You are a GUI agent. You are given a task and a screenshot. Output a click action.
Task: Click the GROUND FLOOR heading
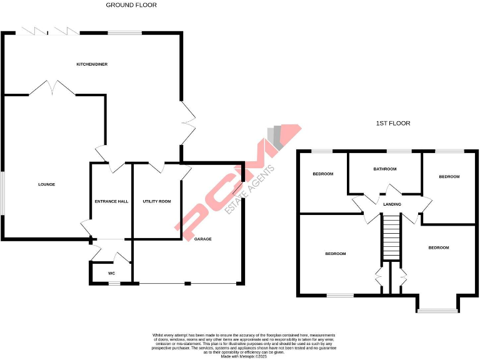131,5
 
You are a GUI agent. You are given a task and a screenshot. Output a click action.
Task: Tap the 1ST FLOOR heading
393,124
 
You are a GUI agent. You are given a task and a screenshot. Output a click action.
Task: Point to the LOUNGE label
46,184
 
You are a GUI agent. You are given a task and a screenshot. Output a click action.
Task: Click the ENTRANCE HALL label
111,201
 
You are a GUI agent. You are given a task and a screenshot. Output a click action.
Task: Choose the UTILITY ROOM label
157,201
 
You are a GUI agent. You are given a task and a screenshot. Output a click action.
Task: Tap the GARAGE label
203,239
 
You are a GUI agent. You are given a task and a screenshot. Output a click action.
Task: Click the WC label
111,273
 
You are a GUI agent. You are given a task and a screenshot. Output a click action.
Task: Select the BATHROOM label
385,169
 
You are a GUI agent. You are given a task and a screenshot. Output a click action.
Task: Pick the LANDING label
392,204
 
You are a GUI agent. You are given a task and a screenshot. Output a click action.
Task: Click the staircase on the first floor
390,237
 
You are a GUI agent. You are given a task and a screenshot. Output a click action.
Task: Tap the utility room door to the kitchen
154,166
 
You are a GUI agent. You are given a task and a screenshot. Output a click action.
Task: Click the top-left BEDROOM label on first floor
322,174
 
